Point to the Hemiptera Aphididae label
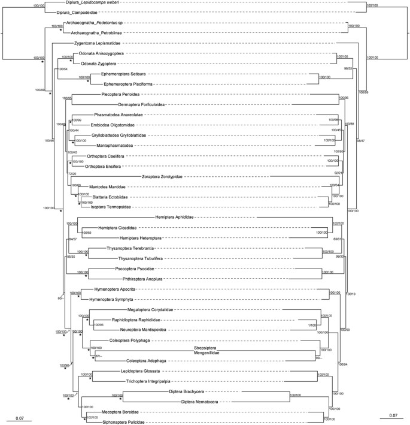click(x=178, y=216)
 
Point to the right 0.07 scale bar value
click(x=392, y=415)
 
